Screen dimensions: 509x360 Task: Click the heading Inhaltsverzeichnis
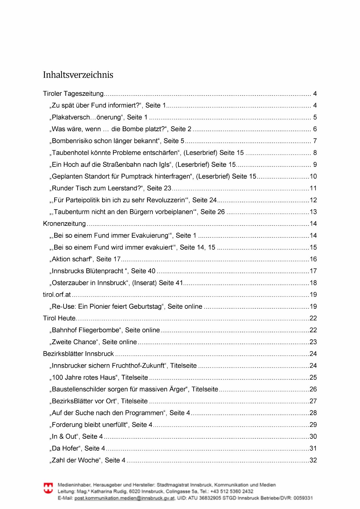coord(78,75)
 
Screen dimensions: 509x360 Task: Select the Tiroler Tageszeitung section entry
coord(73,94)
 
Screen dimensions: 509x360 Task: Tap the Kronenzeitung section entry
coord(64,224)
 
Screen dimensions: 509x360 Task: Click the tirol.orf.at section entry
coord(57,295)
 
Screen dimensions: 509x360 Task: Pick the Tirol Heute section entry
coord(59,318)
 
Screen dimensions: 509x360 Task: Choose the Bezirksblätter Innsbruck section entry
coord(78,354)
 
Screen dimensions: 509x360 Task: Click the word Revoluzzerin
coord(166,200)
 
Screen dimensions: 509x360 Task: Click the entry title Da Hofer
coord(65,449)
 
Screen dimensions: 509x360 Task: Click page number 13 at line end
coord(313,212)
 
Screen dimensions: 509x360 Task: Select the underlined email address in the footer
coord(124,498)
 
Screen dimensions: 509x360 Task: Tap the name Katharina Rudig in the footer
coord(109,491)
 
